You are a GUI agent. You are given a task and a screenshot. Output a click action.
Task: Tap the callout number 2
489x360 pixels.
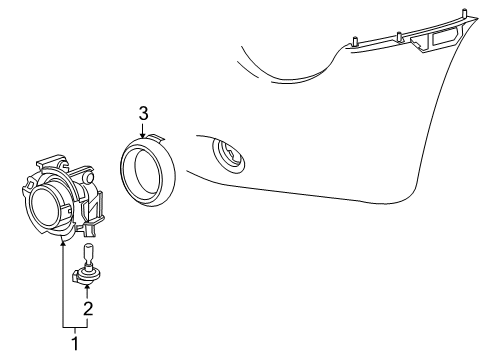(x=87, y=310)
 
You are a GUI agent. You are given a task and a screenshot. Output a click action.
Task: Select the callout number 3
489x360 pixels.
(x=143, y=114)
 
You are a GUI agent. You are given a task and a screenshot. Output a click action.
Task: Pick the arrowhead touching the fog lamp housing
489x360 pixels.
(x=64, y=240)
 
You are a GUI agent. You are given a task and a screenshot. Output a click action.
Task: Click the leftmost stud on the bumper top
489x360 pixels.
(x=357, y=41)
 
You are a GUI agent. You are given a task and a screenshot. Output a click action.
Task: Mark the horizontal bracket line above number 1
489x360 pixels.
(x=75, y=327)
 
